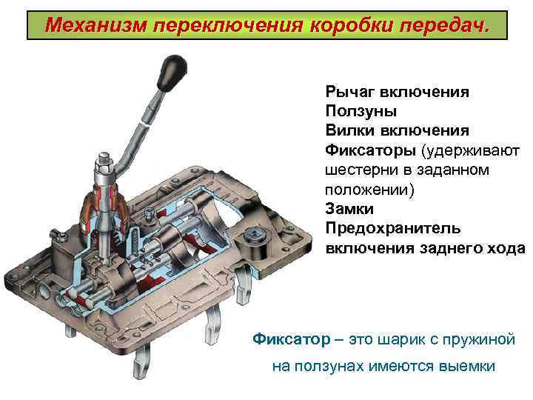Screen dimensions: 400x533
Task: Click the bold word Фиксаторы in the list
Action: (x=369, y=150)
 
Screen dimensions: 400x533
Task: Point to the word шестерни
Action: (x=358, y=170)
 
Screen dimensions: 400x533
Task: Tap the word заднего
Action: (x=451, y=247)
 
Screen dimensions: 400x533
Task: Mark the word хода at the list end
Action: (x=506, y=247)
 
